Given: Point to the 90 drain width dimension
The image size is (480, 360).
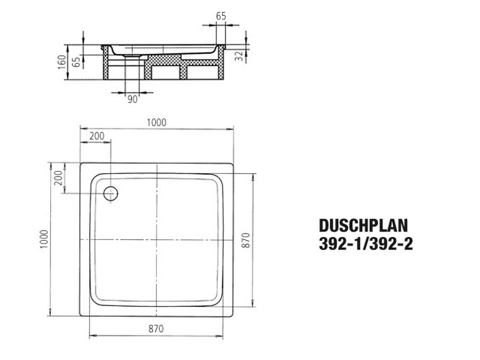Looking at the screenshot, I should click(x=132, y=99).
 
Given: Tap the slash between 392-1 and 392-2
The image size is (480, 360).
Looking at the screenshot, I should click(x=366, y=243).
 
